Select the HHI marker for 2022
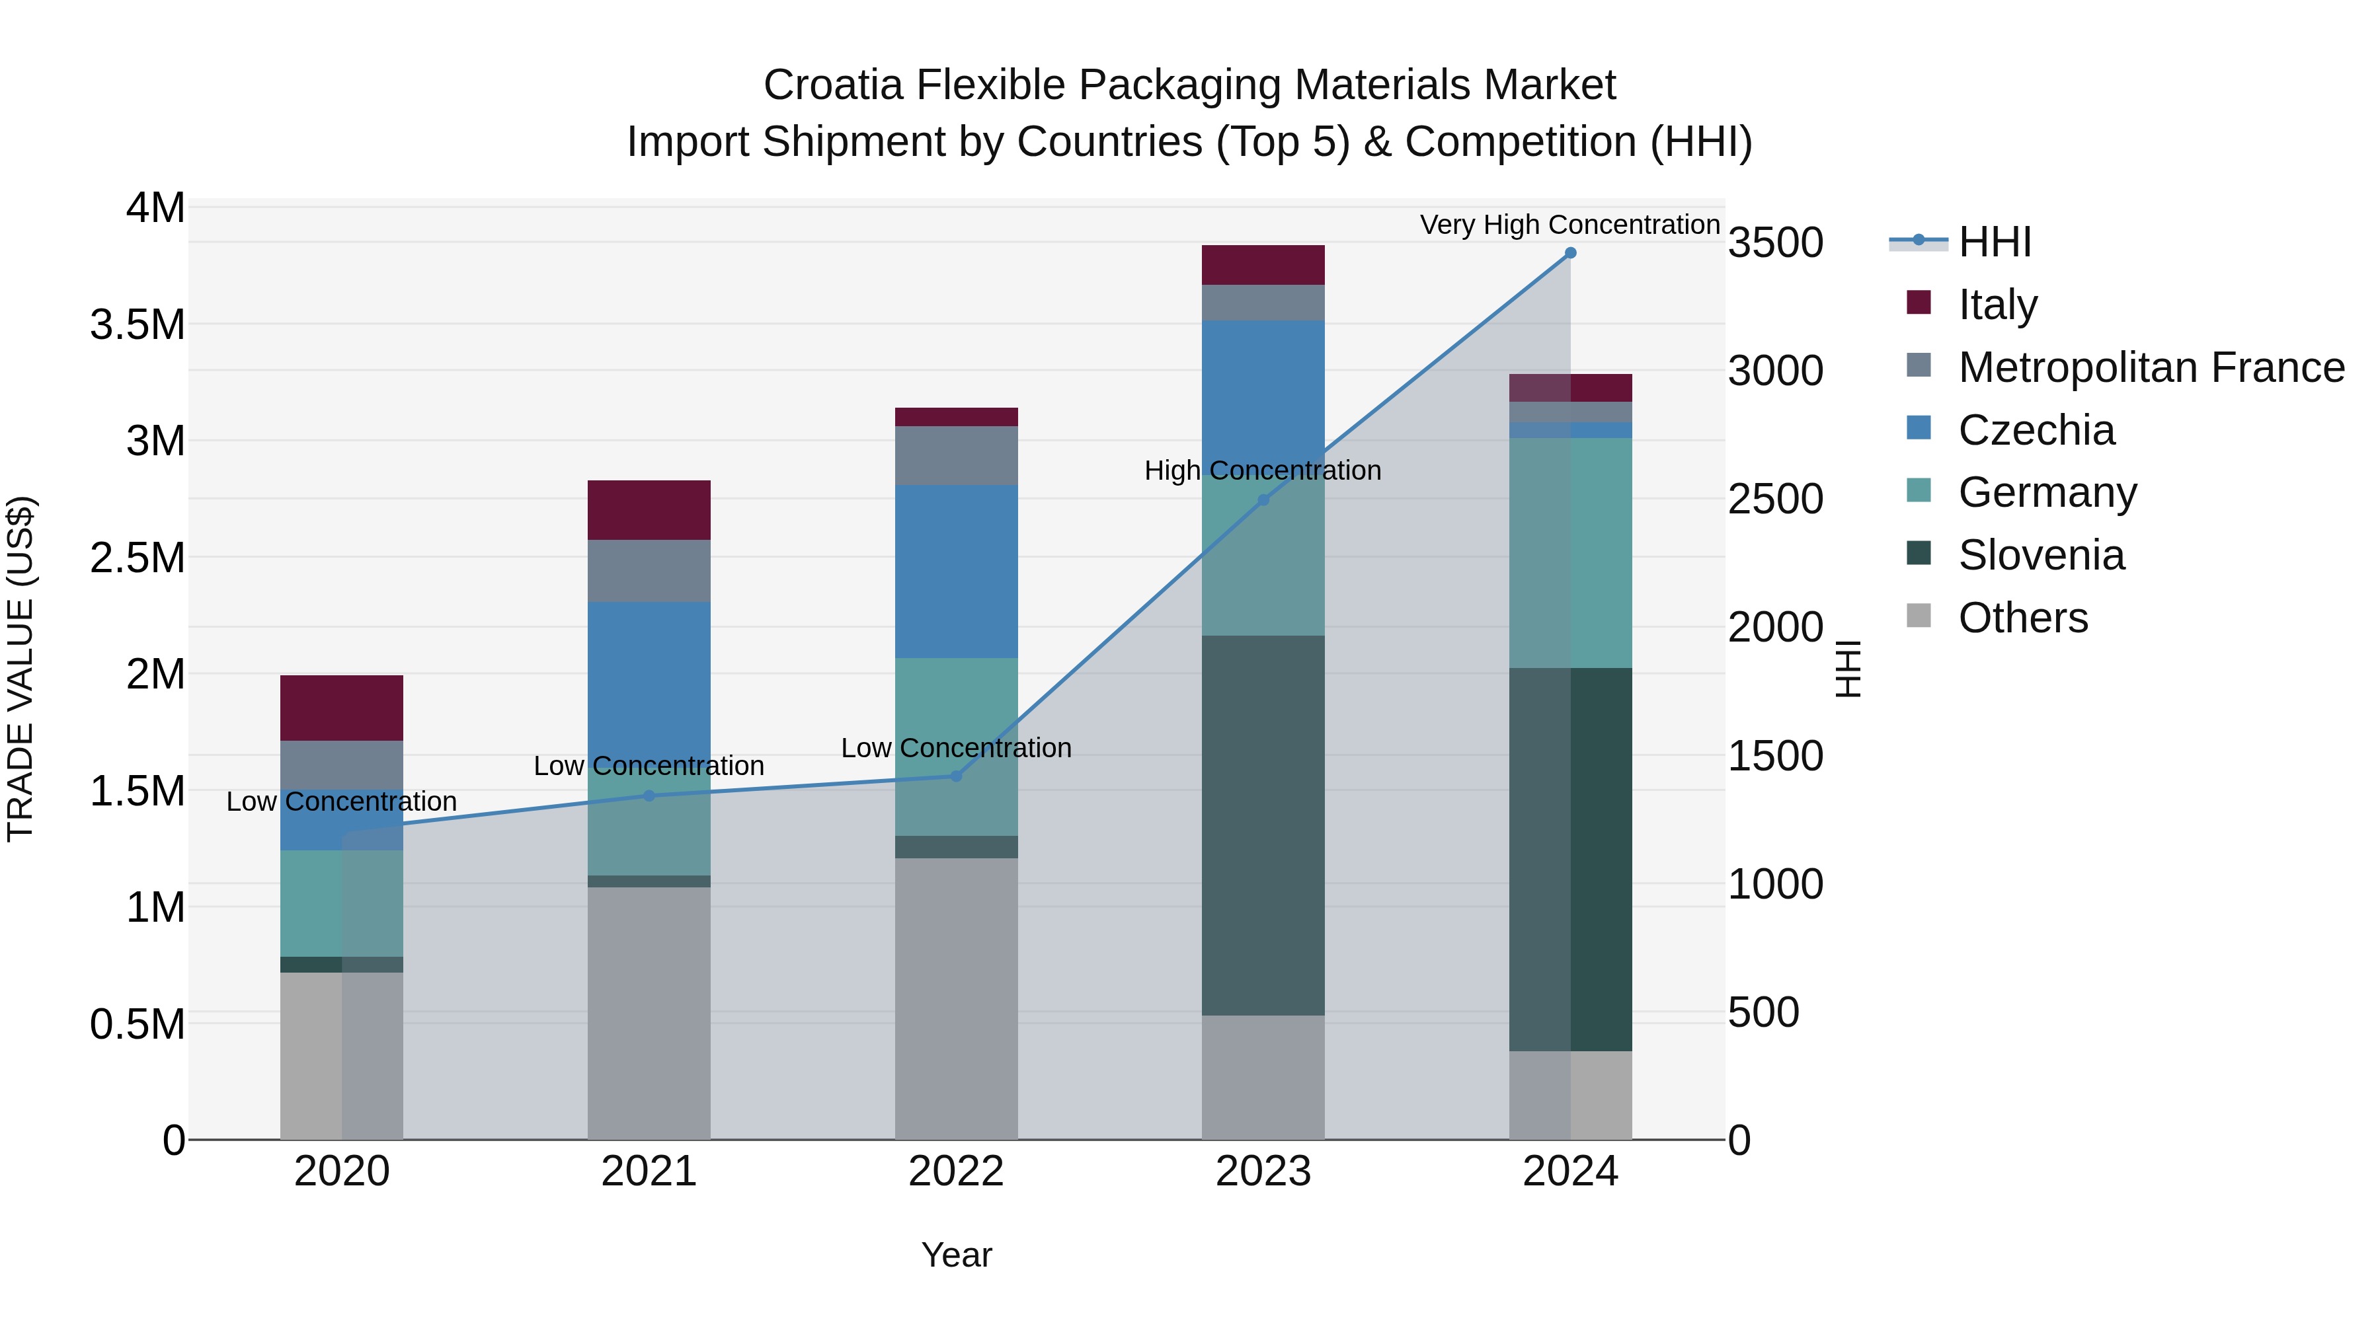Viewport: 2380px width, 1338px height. [956, 776]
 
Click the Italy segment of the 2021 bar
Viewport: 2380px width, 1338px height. [649, 509]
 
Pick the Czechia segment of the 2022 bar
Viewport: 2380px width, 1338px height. [956, 571]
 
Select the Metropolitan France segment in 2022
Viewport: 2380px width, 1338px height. [956, 455]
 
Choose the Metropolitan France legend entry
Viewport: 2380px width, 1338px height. [2150, 367]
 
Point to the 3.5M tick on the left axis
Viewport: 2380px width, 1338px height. [137, 325]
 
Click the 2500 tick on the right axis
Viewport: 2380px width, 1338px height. [1775, 500]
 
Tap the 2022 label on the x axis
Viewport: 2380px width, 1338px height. [956, 1171]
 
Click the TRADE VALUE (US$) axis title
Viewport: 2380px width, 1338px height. [20, 669]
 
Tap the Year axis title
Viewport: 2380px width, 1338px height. [956, 1255]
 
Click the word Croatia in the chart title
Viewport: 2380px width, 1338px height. [832, 85]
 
